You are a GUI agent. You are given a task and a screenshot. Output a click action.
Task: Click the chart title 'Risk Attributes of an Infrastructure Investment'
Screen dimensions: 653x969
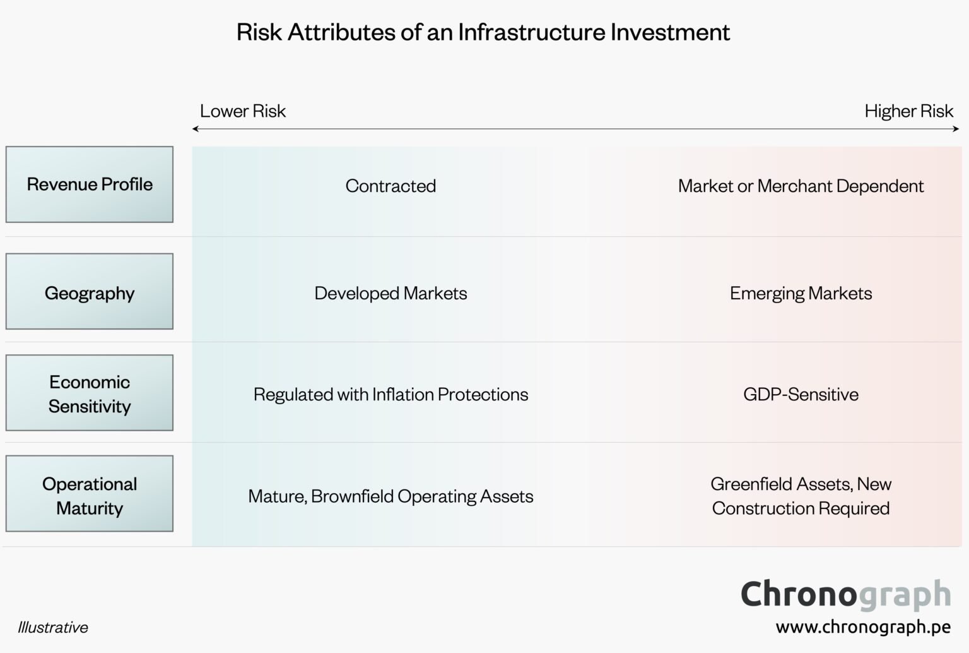click(x=483, y=32)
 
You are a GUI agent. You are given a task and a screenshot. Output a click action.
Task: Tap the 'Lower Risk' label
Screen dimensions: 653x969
click(x=242, y=111)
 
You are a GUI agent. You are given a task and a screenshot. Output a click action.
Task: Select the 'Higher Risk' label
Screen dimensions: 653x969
click(x=908, y=111)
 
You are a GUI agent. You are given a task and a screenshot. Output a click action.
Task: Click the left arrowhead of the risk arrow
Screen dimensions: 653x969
click(x=196, y=129)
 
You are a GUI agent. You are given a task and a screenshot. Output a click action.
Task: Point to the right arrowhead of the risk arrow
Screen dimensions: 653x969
click(x=956, y=129)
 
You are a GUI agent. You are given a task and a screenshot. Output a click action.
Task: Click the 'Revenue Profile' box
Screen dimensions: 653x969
click(x=90, y=184)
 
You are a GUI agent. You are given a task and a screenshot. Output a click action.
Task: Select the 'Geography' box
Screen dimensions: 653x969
click(x=90, y=292)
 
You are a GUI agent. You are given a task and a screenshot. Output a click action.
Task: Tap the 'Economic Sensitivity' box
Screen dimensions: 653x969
click(x=90, y=393)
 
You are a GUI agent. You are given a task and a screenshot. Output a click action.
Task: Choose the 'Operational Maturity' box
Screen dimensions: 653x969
click(x=90, y=494)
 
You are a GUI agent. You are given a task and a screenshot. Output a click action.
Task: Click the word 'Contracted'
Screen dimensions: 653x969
click(x=391, y=186)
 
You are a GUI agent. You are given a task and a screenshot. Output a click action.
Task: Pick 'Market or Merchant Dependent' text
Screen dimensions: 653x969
click(x=801, y=186)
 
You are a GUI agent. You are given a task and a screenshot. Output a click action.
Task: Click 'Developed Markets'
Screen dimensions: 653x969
click(x=391, y=293)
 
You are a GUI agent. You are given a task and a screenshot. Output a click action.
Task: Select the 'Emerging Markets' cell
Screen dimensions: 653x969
click(x=801, y=293)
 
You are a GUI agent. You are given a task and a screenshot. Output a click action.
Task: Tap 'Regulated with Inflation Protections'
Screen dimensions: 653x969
click(x=391, y=394)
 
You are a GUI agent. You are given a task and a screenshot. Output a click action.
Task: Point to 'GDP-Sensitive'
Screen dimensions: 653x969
click(x=801, y=394)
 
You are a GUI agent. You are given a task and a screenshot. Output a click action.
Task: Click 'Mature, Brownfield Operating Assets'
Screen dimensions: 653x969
click(x=391, y=496)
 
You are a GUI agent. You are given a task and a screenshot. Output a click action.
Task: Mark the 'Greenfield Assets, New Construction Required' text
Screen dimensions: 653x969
click(x=801, y=496)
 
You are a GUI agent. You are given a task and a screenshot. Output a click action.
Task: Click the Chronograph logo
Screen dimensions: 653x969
click(x=845, y=594)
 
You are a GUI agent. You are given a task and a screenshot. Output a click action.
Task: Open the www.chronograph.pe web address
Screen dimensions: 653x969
click(x=862, y=626)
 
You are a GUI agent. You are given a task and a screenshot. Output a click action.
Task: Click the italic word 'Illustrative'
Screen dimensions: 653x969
click(x=53, y=627)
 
